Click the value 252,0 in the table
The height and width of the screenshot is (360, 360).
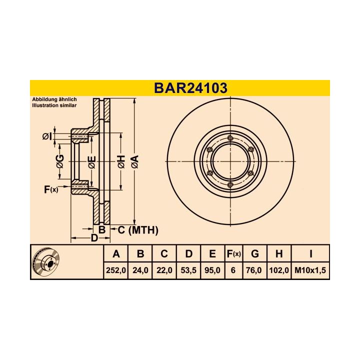(116, 270)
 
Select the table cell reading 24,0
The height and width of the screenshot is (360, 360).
(140, 270)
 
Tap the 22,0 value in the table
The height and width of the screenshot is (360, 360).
(164, 270)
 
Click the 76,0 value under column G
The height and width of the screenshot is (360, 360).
(255, 270)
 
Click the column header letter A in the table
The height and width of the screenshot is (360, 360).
(116, 254)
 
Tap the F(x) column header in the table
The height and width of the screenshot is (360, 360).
(233, 254)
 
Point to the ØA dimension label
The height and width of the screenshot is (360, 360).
(134, 161)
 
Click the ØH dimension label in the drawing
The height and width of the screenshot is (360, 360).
(120, 161)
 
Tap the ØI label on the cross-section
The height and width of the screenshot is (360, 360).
(46, 136)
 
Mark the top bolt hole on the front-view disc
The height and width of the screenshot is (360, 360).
(230, 138)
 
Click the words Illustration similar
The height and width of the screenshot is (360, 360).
(54, 106)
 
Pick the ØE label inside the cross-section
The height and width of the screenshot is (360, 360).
(91, 161)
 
